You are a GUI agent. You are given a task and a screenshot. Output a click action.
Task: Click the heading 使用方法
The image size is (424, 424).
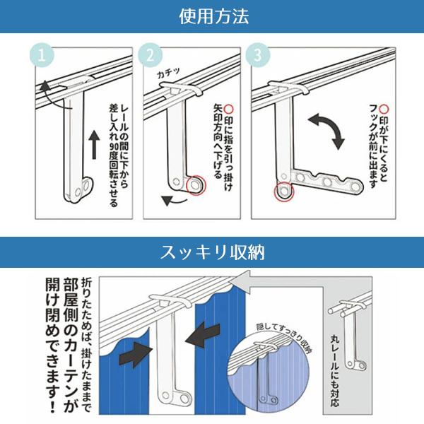[x=212, y=16]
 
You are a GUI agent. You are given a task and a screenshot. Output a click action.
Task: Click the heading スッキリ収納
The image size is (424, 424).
[x=212, y=252]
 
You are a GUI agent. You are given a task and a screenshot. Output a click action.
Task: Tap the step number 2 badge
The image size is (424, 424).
[x=150, y=55]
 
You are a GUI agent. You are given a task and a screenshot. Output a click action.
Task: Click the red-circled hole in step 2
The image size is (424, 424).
[x=192, y=185]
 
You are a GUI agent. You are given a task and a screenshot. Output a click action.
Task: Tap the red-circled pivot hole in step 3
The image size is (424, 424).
[x=284, y=192]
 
